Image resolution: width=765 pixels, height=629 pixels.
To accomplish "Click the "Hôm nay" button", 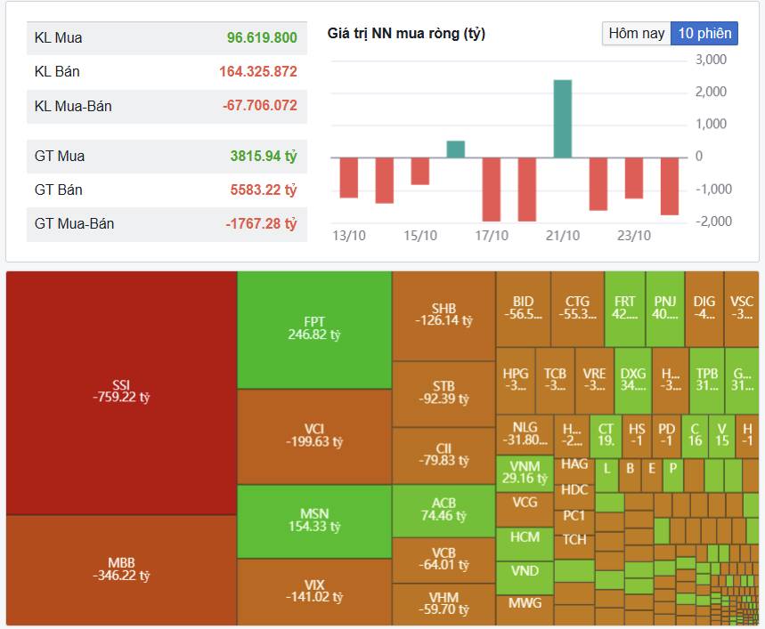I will coord(636,34).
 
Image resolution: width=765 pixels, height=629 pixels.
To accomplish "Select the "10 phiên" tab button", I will coord(704,34).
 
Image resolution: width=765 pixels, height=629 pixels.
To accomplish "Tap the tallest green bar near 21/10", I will coord(562,118).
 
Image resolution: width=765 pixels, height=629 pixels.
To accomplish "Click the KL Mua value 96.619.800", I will coord(262,38).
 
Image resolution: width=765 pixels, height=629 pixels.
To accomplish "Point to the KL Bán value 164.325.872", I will coord(258,71).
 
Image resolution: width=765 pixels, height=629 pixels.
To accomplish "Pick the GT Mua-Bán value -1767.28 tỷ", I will coord(261,223).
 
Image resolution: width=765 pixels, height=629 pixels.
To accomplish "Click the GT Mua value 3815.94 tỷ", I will coord(264,156).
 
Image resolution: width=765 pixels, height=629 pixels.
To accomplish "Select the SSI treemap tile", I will coord(121,391).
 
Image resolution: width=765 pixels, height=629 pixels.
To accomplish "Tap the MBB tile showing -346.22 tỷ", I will coord(121,569).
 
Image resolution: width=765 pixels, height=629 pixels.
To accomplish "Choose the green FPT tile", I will coord(314,328).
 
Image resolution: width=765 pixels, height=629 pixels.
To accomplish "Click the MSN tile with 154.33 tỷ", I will coord(314,520).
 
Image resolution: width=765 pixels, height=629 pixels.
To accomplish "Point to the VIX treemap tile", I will coord(314,591).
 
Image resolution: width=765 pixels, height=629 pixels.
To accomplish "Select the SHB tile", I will coord(444,314).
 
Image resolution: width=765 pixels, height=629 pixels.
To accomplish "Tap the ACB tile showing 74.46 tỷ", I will coord(444,510).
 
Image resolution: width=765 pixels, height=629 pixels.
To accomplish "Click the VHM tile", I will coord(444,603).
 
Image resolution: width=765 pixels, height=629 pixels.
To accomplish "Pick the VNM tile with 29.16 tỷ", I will coord(525,472).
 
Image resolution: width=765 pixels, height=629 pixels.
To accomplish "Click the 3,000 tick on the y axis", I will coord(711,60).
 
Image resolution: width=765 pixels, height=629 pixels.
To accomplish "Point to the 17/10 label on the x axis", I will coord(491,236).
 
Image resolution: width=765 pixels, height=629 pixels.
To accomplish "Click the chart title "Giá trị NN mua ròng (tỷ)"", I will coord(406,34).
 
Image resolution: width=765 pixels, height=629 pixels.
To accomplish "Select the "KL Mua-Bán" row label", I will coord(73,106).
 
